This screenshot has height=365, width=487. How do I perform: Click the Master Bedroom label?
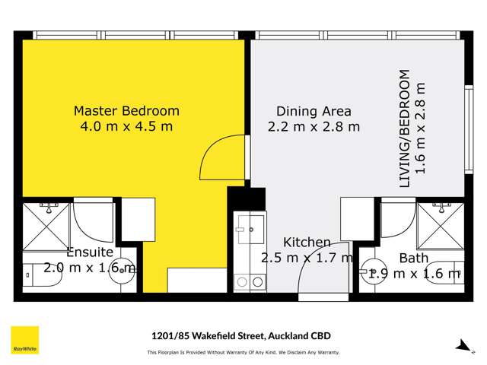(126, 111)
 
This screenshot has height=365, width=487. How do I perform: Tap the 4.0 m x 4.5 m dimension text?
(126, 126)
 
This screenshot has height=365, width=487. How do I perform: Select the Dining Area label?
(314, 111)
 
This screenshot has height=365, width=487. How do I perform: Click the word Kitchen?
(307, 243)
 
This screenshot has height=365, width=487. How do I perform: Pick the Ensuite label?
(90, 252)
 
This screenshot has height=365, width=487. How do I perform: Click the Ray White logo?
(24, 340)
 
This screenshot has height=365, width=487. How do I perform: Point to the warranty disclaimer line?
(243, 352)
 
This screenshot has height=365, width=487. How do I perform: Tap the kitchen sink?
(250, 227)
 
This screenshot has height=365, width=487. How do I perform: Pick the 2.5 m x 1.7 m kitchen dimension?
(307, 259)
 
